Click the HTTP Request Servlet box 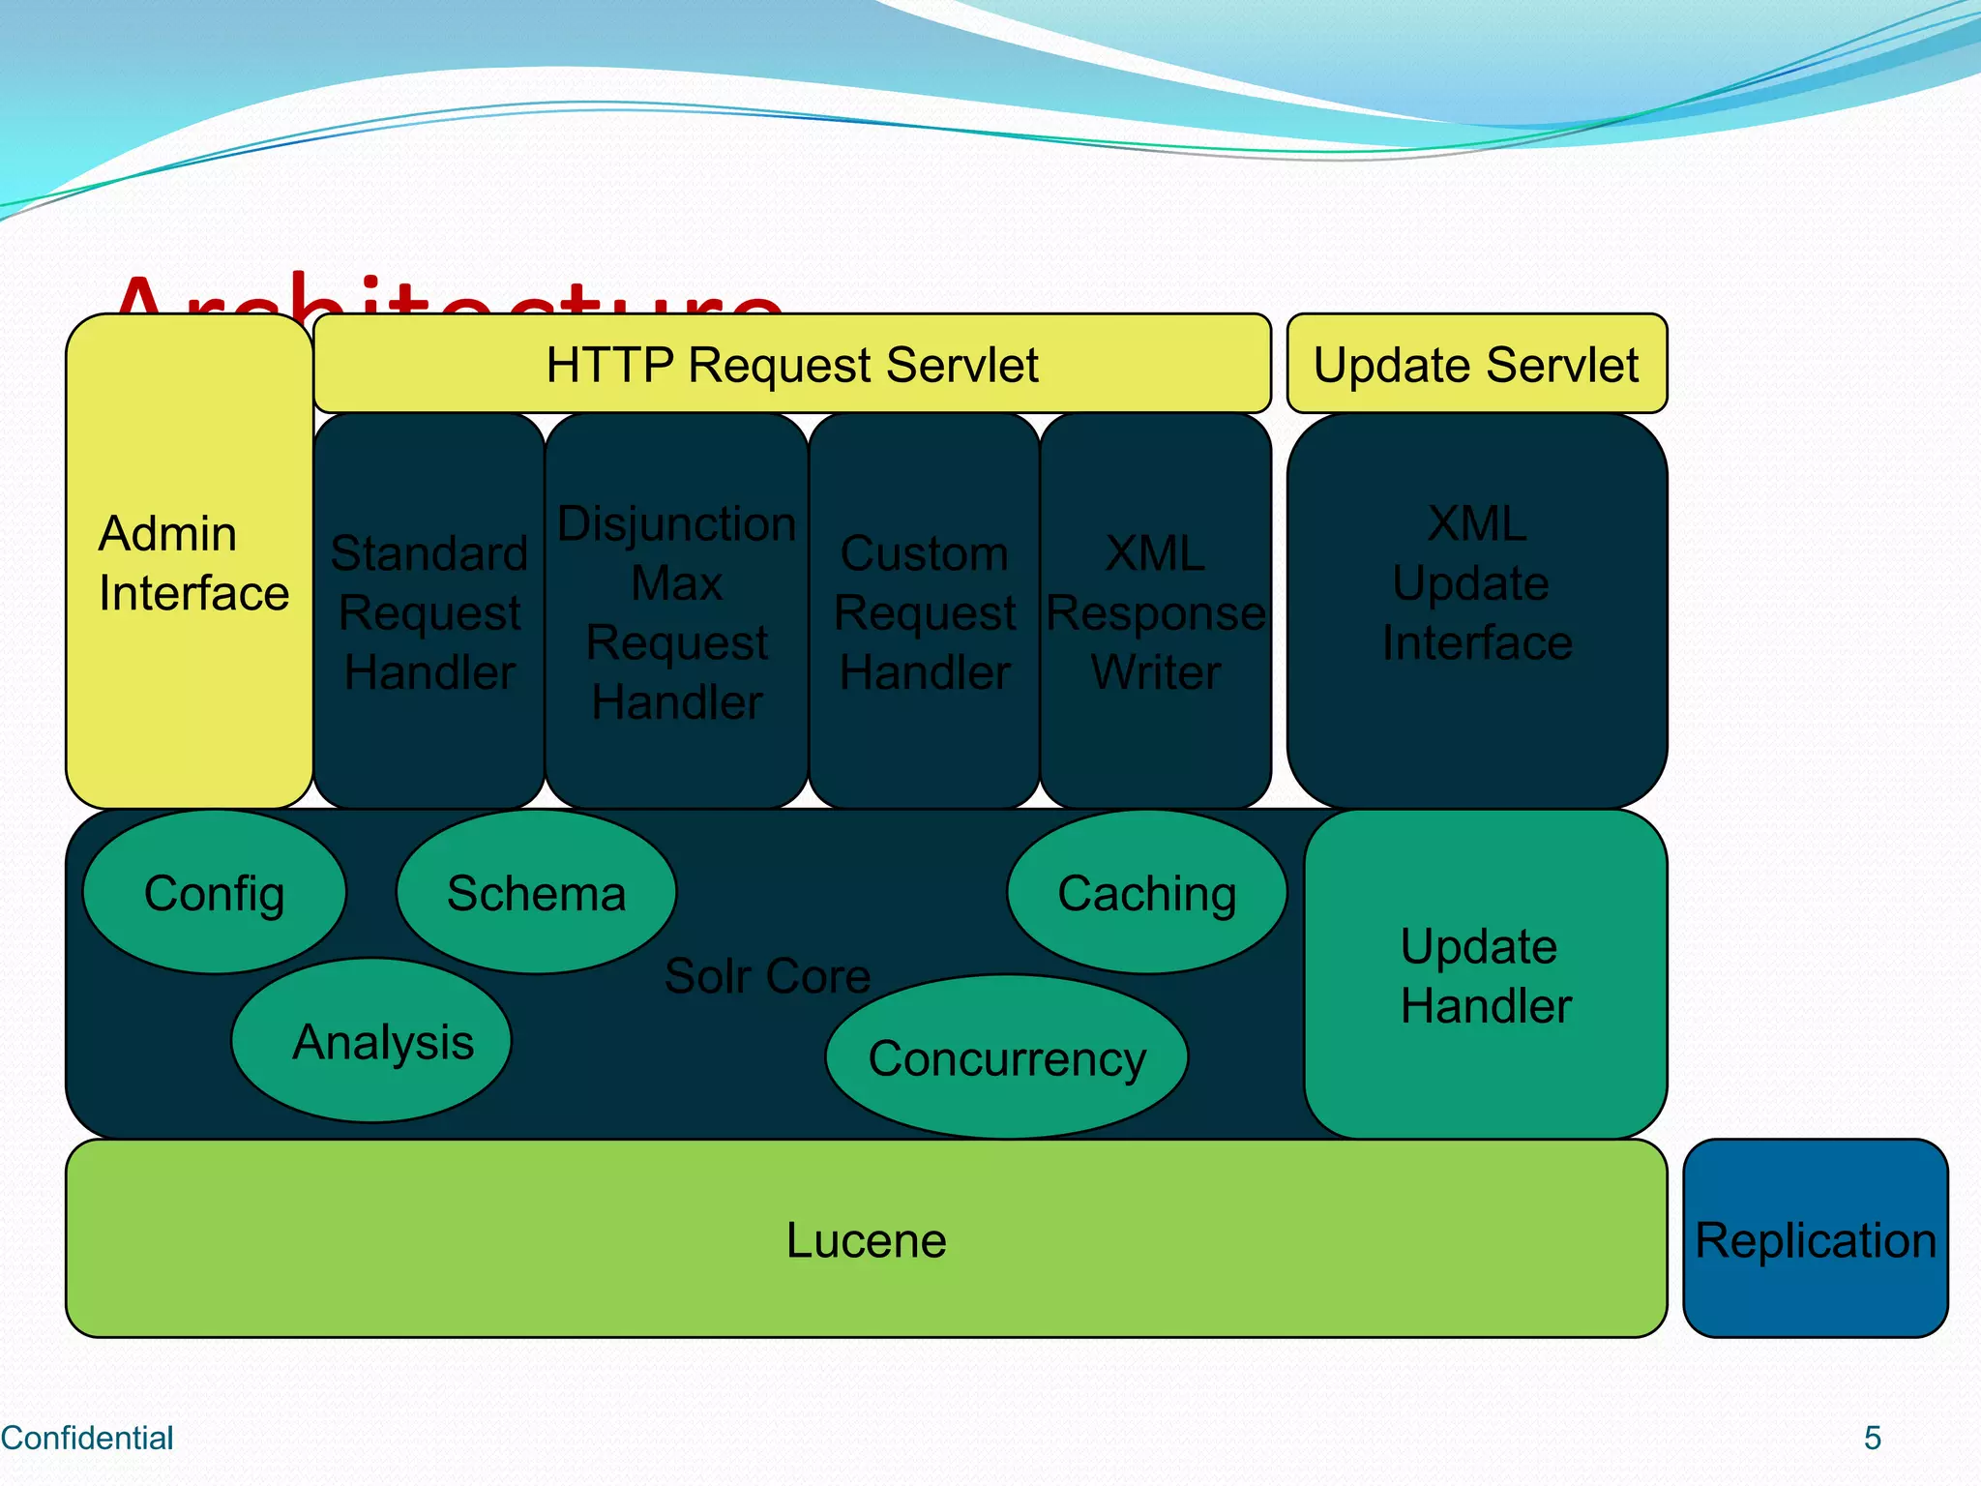[791, 364]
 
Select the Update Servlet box [1476, 364]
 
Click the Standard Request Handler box [429, 611]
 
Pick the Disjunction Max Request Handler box [676, 611]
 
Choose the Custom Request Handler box [924, 611]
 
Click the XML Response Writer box [1155, 611]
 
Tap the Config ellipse [214, 892]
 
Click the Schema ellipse [536, 892]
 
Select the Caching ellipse [1146, 892]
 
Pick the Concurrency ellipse [1006, 1057]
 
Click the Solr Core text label [767, 975]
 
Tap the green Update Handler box [1485, 975]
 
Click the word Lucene [866, 1239]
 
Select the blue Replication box [1815, 1239]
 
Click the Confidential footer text [87, 1438]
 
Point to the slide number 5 [1872, 1438]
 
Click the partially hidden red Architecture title [445, 294]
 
